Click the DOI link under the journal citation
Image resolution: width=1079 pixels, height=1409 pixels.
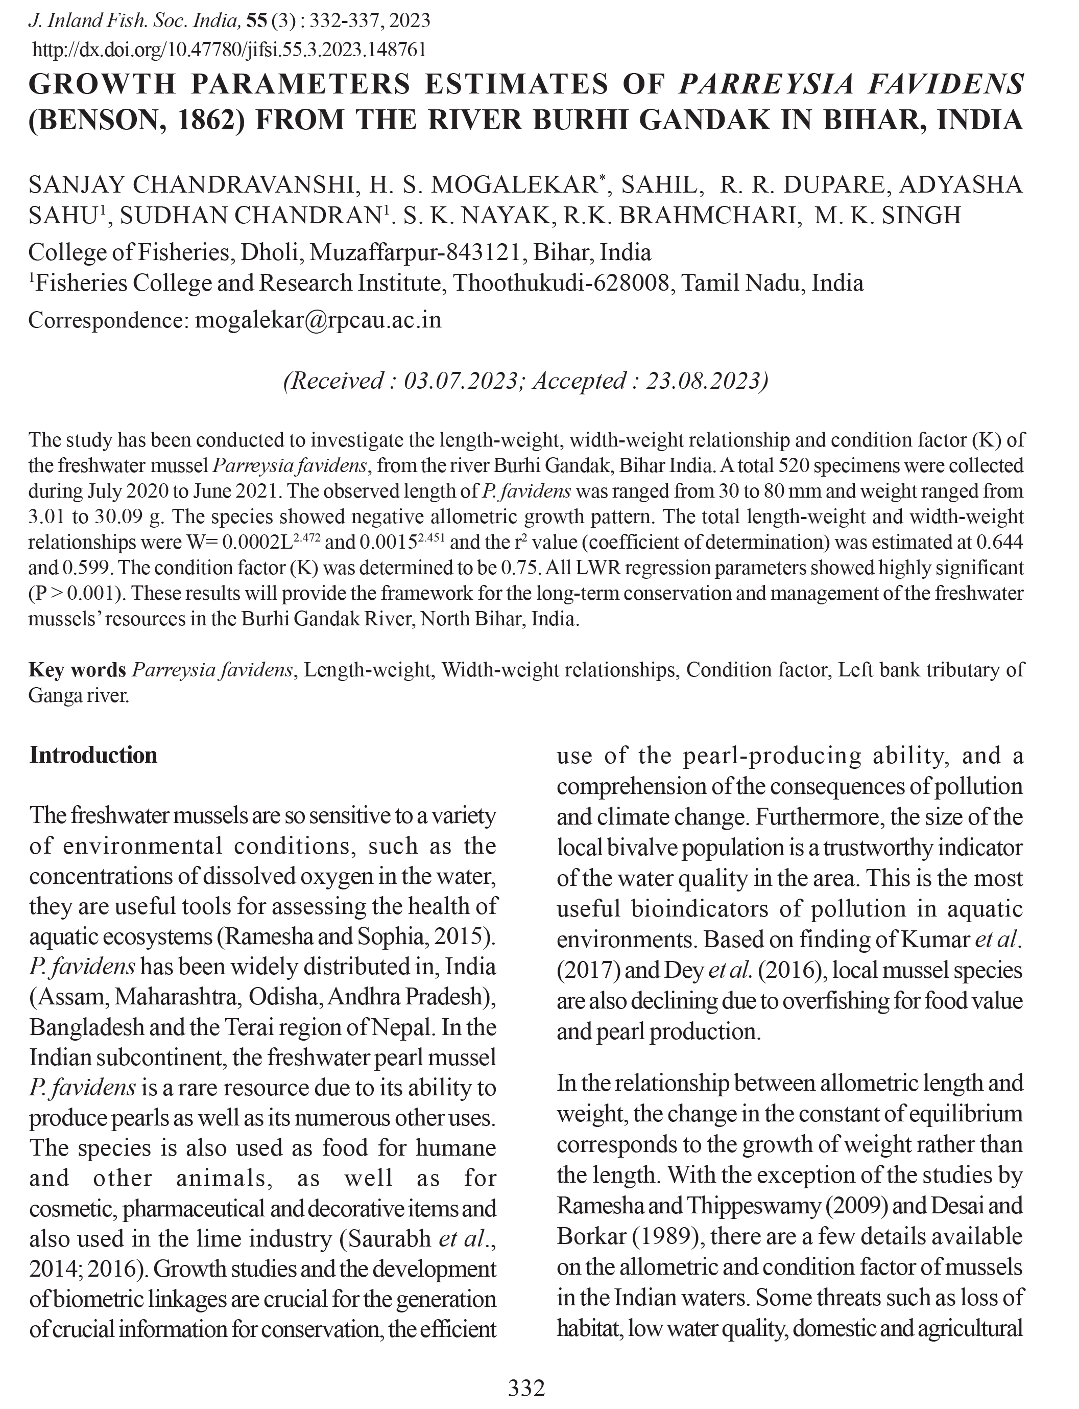point(229,50)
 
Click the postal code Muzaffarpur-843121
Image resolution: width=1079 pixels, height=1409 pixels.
point(415,252)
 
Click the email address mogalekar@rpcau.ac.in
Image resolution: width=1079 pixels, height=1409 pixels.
point(318,320)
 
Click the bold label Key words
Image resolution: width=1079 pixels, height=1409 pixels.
point(77,670)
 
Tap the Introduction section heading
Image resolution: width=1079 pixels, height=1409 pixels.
point(93,755)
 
